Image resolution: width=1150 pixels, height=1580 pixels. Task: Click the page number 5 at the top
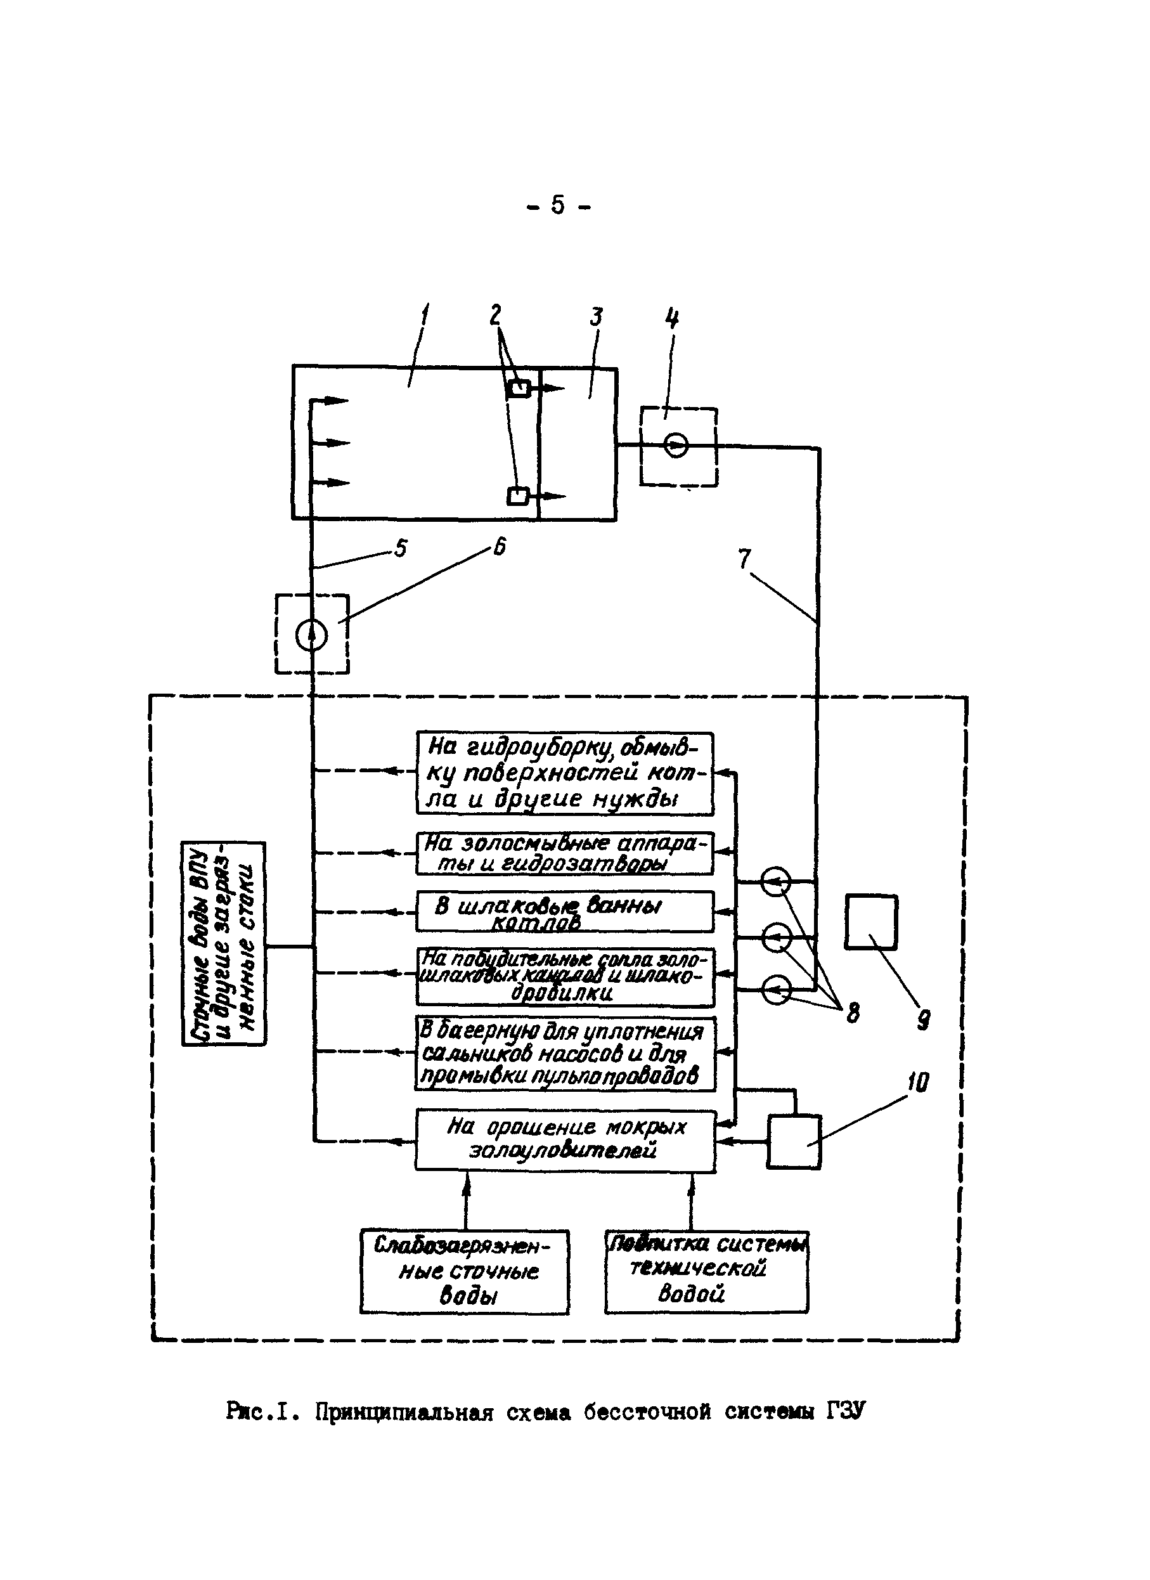tap(558, 205)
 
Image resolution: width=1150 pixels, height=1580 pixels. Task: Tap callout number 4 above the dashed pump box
tap(671, 320)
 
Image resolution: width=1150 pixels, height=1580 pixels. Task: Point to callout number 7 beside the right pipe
tap(745, 558)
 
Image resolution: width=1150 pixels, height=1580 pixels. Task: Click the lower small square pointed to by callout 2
tap(517, 496)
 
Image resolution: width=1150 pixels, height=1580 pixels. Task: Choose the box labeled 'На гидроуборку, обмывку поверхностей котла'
tap(565, 774)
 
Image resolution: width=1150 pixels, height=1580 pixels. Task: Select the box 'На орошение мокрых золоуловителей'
tap(565, 1141)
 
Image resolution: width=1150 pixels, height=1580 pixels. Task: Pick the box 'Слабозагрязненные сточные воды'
tap(465, 1271)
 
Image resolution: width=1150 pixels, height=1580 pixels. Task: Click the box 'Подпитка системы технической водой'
tap(706, 1271)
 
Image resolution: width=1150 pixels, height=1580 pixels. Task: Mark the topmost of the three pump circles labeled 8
tap(775, 882)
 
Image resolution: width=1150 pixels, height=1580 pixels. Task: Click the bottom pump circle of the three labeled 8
tap(775, 989)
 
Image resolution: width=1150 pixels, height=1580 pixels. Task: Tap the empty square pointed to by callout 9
tap(870, 922)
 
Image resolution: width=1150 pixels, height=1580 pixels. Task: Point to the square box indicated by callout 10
tap(794, 1141)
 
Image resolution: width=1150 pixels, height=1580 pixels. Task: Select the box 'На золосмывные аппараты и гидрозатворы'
tap(565, 853)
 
